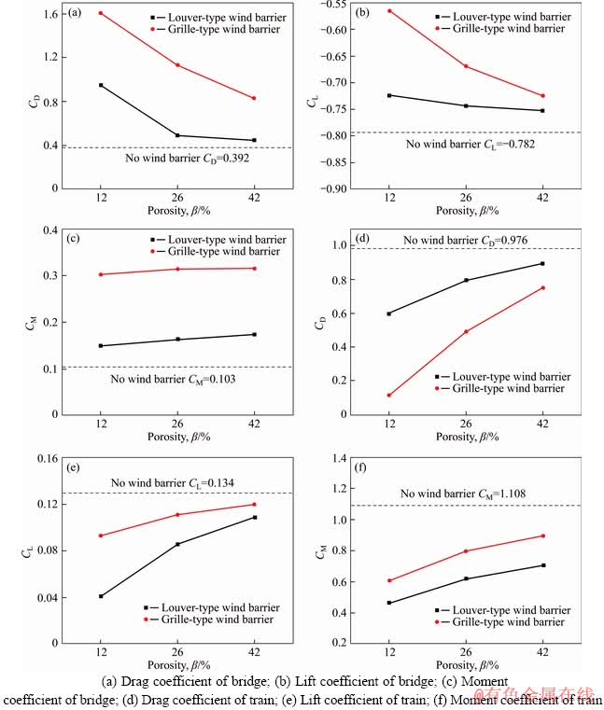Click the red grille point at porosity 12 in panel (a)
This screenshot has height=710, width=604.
100,13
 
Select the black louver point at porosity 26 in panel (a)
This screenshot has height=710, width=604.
177,135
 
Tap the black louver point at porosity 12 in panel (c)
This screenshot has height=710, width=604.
100,346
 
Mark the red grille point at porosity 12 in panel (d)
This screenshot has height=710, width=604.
389,396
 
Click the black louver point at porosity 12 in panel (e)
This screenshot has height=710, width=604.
100,596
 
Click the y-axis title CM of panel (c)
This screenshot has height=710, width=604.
25,322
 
